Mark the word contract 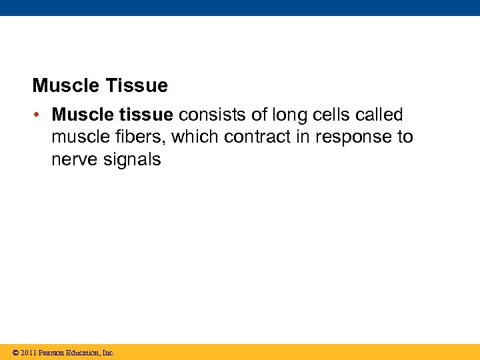[258, 137]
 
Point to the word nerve [73, 160]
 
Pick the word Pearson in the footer [53, 353]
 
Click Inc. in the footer [108, 353]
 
